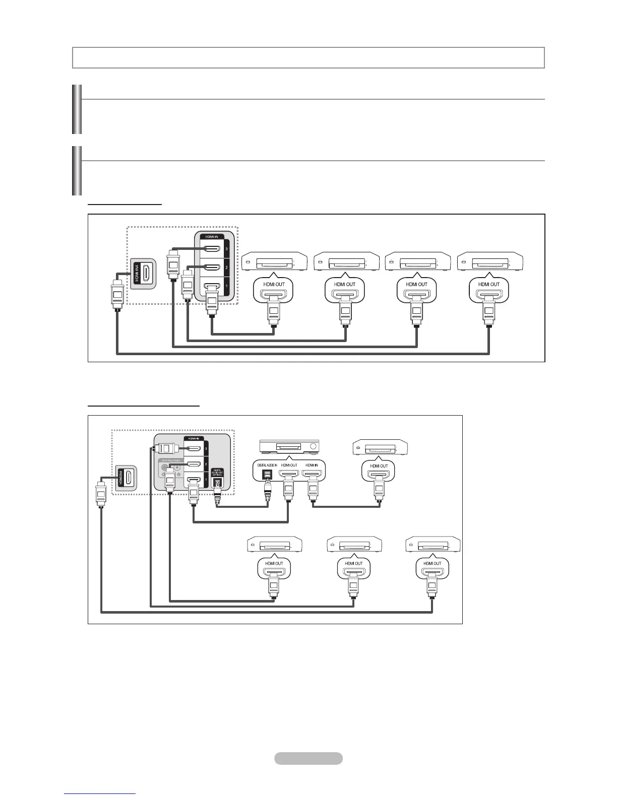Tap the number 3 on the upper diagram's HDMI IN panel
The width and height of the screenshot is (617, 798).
(227, 248)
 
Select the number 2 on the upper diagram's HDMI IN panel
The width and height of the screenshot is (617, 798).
(227, 268)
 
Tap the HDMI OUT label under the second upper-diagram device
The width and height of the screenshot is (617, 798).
(345, 284)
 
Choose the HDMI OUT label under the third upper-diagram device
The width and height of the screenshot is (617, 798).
(417, 284)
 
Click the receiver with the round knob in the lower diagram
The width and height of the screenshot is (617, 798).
(289, 446)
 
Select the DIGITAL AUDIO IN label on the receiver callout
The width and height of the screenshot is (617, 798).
(268, 465)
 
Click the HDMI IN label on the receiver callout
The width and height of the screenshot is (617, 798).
(311, 465)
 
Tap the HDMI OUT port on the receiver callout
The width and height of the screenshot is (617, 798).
(289, 475)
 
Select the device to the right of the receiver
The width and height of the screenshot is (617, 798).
(380, 447)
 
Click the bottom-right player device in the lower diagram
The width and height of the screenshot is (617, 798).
(433, 546)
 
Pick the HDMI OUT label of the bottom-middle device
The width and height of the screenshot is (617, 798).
(353, 563)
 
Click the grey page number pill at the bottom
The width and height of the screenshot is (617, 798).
(308, 758)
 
